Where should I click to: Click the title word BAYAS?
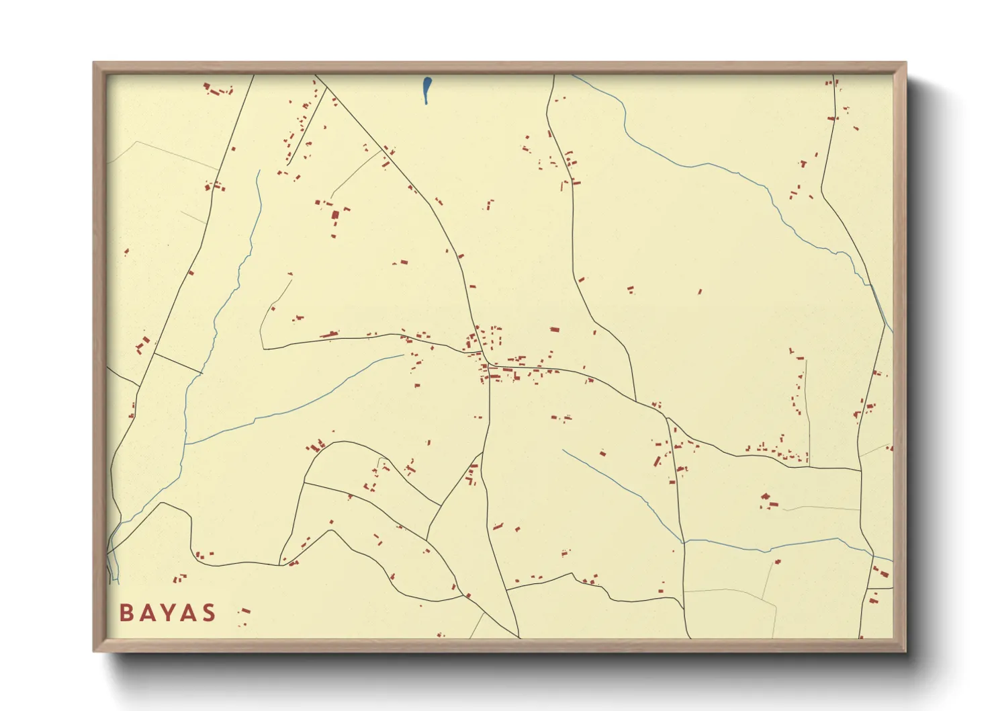point(168,612)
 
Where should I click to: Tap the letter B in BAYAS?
point(126,612)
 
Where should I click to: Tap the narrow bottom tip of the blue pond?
point(426,103)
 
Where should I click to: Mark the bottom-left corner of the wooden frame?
point(95,650)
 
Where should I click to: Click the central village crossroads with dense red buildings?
point(489,366)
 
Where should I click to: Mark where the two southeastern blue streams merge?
point(684,541)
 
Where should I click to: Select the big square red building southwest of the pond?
point(335,215)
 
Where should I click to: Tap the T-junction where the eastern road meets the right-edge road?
point(861,469)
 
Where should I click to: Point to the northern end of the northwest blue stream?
point(259,171)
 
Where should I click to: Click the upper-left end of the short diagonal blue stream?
point(563,450)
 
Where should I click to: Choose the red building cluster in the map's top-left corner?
point(217,89)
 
